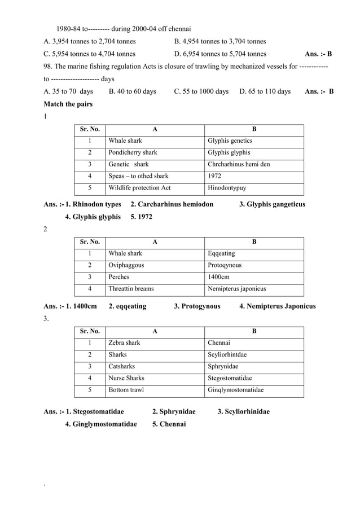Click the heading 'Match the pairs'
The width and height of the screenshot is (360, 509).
click(68, 104)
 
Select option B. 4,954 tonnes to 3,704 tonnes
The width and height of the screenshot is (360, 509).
click(220, 41)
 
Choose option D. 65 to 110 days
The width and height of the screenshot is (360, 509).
click(265, 91)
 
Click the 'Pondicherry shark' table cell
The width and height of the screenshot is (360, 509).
click(133, 152)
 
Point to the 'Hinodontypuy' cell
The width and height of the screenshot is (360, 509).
click(227, 188)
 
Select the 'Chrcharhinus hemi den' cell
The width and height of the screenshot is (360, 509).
click(239, 164)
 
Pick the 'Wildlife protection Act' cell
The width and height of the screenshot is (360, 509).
click(139, 188)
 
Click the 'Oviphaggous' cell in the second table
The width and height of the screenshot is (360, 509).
click(126, 265)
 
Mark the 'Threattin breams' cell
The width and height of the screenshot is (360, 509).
click(131, 289)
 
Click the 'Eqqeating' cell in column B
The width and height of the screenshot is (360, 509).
click(221, 253)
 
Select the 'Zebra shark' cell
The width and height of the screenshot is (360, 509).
click(124, 343)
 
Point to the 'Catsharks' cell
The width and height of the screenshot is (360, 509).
click(121, 366)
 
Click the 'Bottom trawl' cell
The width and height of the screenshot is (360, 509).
click(126, 390)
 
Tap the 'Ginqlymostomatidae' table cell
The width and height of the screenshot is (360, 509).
click(236, 390)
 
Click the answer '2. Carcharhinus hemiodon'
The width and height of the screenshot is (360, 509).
click(172, 204)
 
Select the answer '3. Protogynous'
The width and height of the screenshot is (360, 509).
click(197, 306)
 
